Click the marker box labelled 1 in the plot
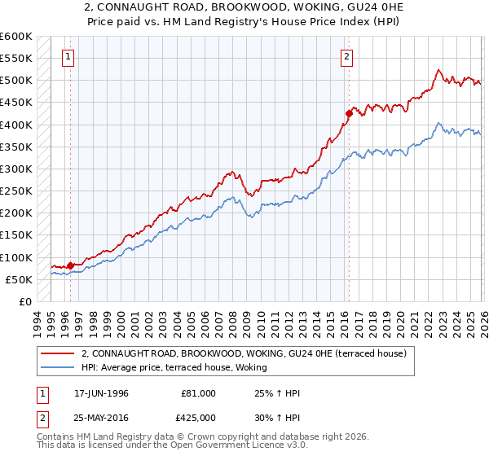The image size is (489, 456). [67, 57]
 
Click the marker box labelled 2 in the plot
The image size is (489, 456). [347, 57]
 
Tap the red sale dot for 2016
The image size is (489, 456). [348, 113]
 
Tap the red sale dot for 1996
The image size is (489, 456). [70, 265]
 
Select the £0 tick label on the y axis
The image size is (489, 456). [26, 301]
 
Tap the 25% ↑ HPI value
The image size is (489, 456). [278, 393]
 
